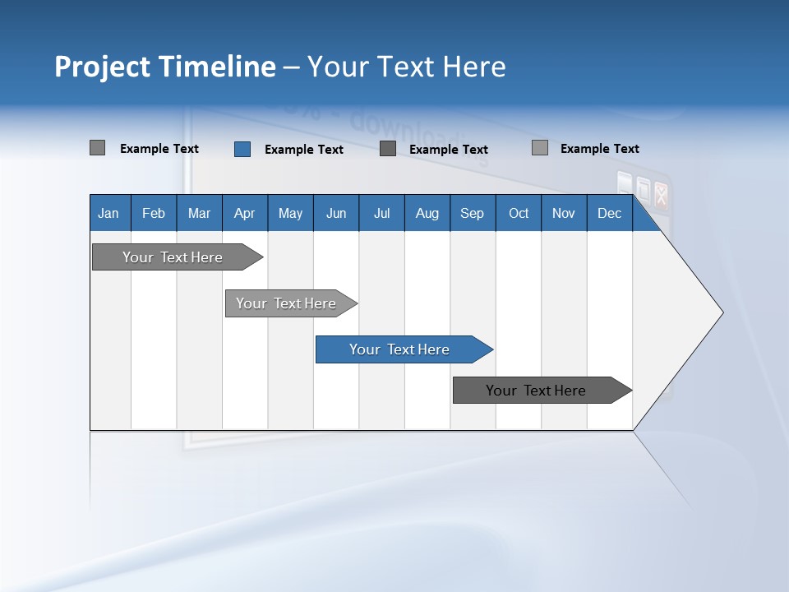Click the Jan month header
pos(109,213)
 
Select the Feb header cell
pos(154,213)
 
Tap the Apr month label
pos(245,213)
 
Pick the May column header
pos(290,213)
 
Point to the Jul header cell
pos(381,213)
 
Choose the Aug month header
pos(427,213)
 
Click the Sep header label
pos(473,213)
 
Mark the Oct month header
pos(519,213)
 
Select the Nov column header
pos(564,213)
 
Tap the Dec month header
pos(610,213)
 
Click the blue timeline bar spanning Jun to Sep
pos(400,349)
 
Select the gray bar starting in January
pos(173,257)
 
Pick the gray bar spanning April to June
pos(287,303)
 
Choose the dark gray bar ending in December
pos(537,391)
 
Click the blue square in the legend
pos(242,149)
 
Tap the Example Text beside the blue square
pos(304,150)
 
